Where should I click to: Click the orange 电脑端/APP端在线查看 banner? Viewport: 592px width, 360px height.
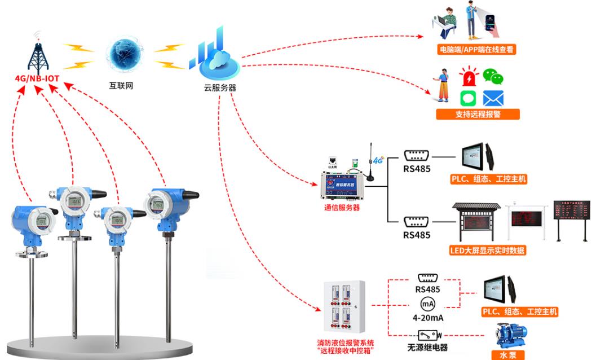[477, 50]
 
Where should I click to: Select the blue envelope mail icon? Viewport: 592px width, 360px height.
[493, 99]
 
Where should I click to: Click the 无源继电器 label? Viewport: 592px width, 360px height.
[427, 347]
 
